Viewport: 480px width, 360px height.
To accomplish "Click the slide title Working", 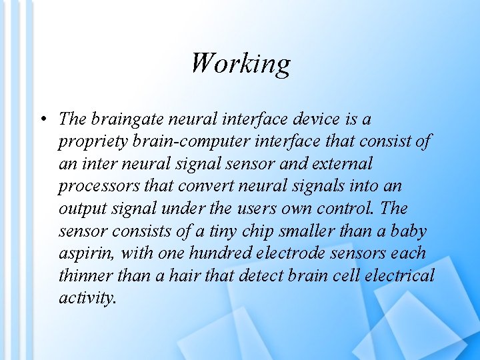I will pos(240,63).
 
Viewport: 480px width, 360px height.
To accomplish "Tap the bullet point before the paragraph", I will pos(42,120).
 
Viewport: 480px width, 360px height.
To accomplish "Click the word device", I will pos(314,120).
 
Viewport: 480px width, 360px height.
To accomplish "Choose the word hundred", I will pos(221,253).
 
